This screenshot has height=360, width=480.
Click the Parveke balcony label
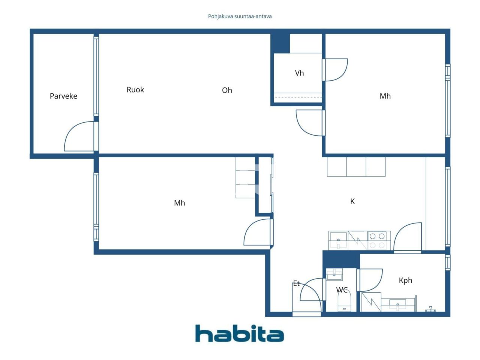63,96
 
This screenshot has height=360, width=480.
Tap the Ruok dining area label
135,90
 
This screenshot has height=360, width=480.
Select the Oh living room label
227,90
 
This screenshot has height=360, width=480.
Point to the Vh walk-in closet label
299,73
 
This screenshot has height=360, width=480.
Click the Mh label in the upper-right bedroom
385,96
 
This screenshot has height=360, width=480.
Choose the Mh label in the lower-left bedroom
179,203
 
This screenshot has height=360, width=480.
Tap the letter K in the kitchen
352,201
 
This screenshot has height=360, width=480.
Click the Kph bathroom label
405,280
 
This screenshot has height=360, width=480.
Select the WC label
342,290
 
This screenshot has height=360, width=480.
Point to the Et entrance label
296,283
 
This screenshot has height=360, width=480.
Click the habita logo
239,333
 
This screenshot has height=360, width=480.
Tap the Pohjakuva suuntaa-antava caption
240,16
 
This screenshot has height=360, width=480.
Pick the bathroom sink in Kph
398,304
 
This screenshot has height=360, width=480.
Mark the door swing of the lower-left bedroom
257,232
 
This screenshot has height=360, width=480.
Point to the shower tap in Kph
430,309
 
